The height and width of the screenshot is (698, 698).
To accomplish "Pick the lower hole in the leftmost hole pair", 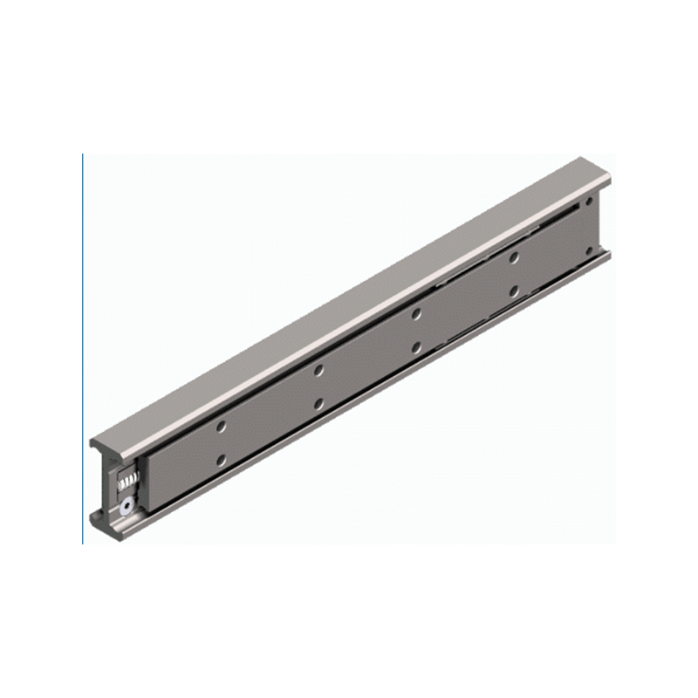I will [222, 459].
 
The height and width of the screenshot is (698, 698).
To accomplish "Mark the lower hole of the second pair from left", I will [319, 403].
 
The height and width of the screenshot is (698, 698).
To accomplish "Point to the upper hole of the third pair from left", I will [417, 313].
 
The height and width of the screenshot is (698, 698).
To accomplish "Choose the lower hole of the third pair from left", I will [417, 346].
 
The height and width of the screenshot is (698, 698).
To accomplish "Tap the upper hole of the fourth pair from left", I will [515, 257].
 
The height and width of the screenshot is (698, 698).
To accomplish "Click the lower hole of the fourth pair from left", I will [515, 290].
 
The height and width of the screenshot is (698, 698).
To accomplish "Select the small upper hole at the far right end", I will [590, 202].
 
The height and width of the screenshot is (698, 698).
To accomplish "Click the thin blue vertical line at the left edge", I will [83, 349].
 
